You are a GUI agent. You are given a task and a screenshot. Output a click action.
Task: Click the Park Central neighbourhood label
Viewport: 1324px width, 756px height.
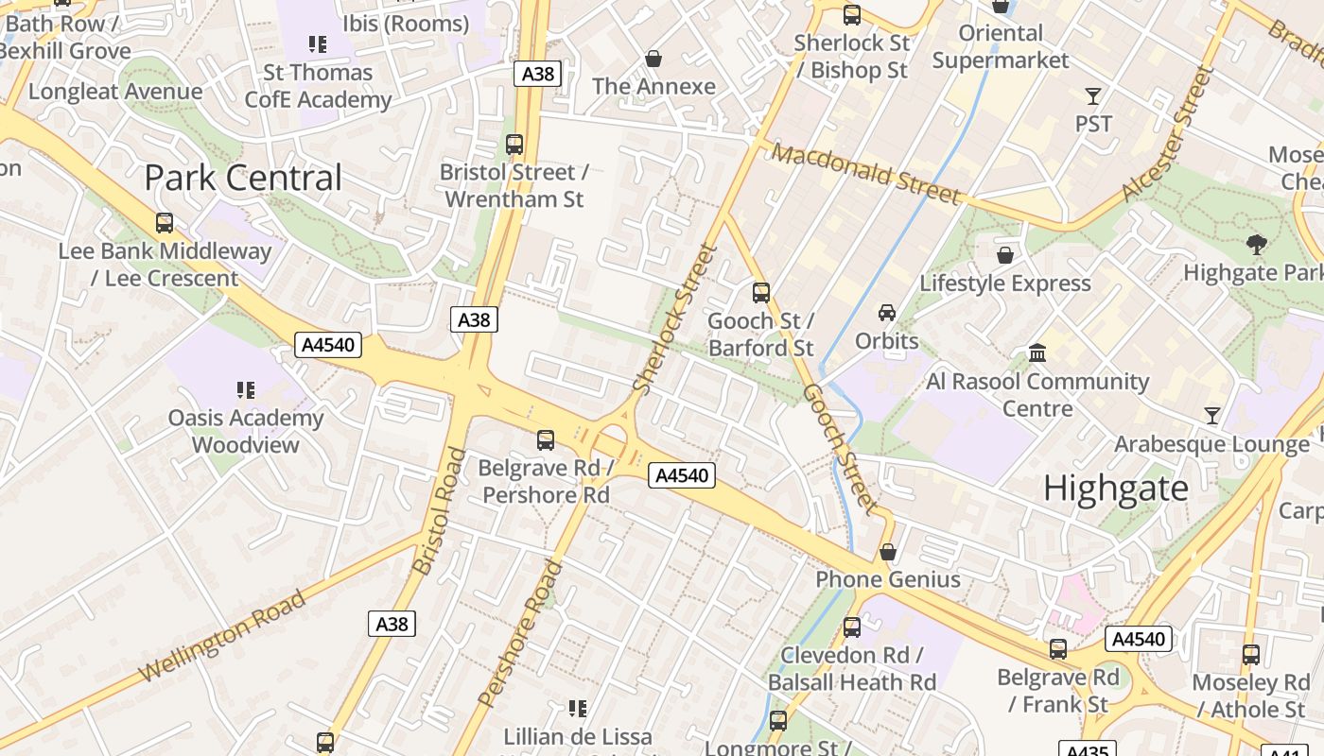coord(243,178)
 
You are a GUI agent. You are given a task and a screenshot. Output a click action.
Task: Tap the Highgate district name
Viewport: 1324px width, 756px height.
coord(1116,489)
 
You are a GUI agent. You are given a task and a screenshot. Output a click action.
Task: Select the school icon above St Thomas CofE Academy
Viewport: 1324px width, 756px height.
coord(318,43)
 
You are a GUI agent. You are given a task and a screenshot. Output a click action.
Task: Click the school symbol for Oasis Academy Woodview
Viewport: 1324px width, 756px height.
coord(246,389)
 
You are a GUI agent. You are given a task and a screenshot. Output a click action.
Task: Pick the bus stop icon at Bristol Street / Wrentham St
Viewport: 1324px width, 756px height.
coord(514,145)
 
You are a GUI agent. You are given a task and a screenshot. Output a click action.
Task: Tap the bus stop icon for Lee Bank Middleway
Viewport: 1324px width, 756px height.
coord(165,223)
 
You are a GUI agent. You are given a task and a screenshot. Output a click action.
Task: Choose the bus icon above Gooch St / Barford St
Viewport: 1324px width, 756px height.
coord(761,293)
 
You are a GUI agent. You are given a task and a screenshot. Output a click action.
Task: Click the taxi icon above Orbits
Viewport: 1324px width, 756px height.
coord(887,312)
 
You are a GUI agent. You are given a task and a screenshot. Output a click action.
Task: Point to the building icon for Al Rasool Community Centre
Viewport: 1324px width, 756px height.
coord(1037,352)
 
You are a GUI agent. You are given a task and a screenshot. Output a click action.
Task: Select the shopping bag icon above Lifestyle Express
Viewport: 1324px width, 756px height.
coord(1005,255)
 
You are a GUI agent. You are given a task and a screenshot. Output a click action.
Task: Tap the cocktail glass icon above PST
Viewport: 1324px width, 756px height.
coord(1093,95)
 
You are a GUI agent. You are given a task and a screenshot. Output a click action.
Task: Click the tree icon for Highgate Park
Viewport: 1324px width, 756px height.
coord(1257,245)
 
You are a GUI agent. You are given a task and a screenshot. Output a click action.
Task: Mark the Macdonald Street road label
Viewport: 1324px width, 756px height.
coord(865,173)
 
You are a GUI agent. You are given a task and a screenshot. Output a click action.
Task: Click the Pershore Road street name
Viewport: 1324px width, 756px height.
coord(521,633)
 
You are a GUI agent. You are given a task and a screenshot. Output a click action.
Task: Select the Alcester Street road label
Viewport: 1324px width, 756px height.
coord(1166,133)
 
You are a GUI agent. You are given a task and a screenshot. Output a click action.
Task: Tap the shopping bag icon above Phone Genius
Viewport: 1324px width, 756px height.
coord(888,552)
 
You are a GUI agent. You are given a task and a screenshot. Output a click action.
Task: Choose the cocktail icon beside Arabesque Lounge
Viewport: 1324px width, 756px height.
coord(1212,415)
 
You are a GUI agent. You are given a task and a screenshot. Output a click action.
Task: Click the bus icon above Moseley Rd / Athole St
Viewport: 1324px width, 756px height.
coord(1251,654)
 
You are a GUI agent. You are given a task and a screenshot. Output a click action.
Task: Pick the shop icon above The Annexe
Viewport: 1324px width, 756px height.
coord(653,59)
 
